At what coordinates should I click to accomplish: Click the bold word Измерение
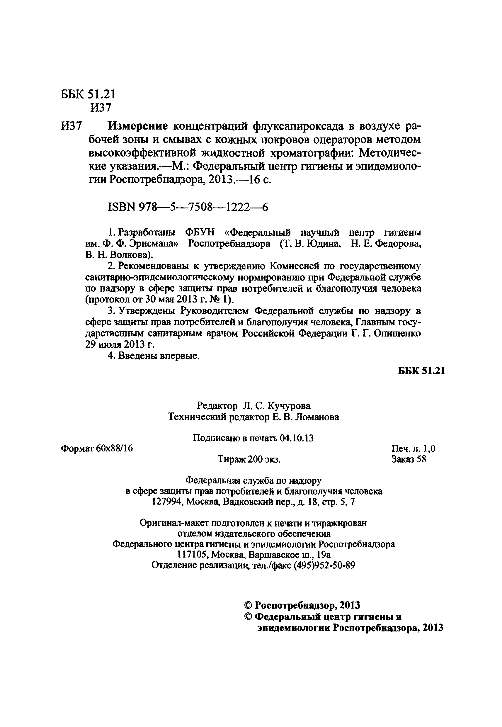[138, 126]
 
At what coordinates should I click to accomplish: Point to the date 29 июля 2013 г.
[120, 344]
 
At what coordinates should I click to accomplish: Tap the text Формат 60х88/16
[97, 449]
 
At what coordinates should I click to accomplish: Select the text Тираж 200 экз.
[249, 460]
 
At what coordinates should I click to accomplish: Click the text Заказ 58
[409, 459]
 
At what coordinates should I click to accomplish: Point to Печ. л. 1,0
[413, 449]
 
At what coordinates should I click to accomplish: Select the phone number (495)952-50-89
[324, 565]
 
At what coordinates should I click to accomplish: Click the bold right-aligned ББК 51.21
[421, 371]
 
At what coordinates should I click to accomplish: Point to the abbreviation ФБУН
[200, 232]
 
